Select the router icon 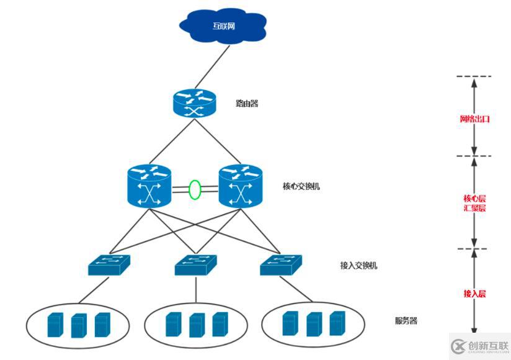(x=193, y=102)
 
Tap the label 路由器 (x=246, y=103)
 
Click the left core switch (x=149, y=186)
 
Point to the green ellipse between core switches (x=195, y=189)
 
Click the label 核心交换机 (x=301, y=186)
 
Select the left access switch (x=109, y=265)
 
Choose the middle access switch (x=196, y=265)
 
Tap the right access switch (x=282, y=265)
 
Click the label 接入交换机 (x=358, y=266)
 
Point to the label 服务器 (x=406, y=321)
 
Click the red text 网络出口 (x=474, y=119)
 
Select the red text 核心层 (x=474, y=199)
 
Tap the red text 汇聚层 (x=474, y=208)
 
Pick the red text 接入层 (x=474, y=292)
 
